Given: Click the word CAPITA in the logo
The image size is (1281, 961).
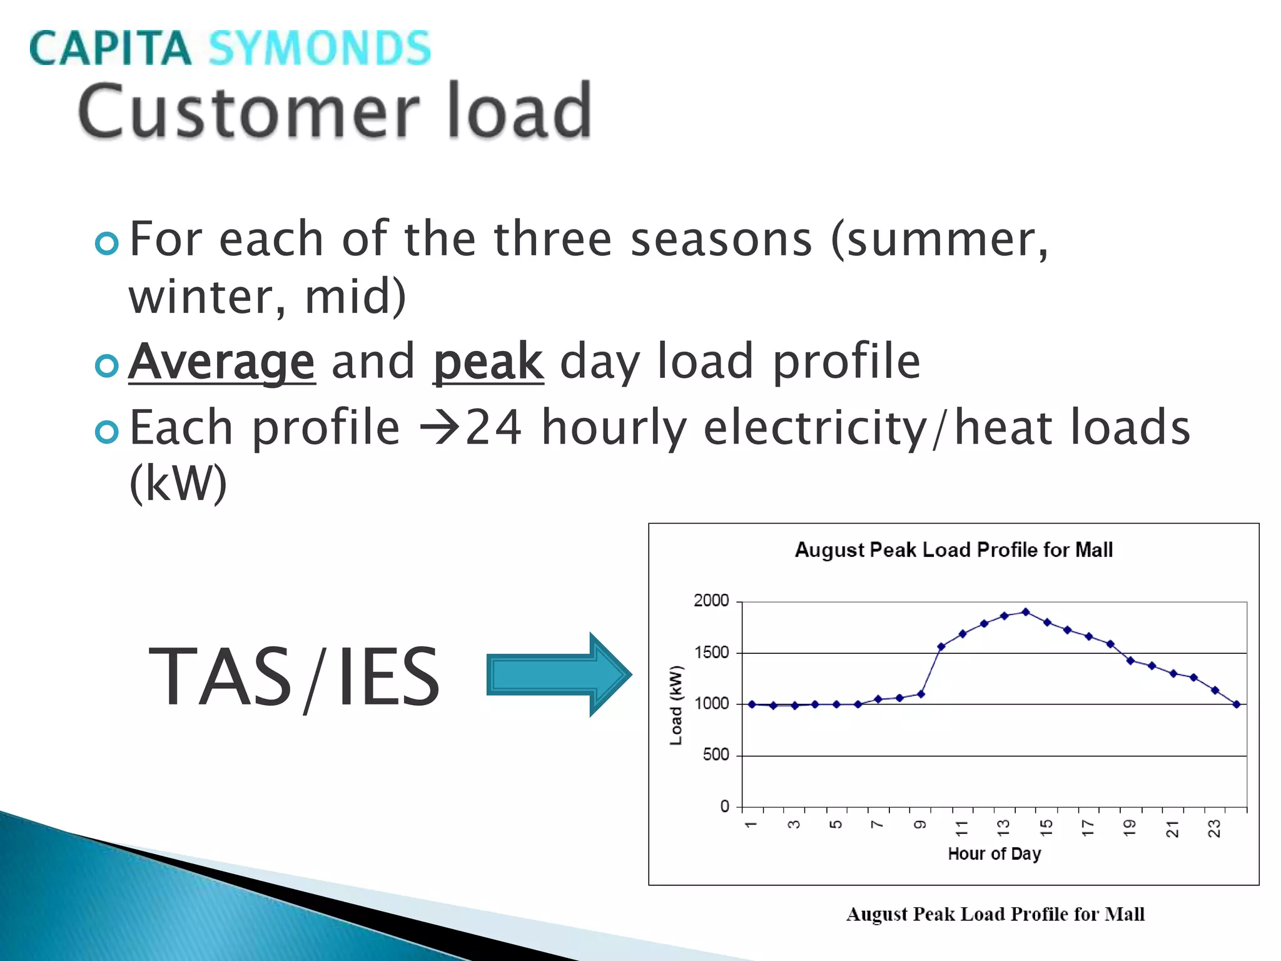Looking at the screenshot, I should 110,48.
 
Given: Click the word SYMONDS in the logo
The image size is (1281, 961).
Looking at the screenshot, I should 319,48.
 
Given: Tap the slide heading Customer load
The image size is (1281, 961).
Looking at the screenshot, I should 335,111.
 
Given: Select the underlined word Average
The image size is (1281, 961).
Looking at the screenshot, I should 222,362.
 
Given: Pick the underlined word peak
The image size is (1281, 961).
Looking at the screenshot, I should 488,362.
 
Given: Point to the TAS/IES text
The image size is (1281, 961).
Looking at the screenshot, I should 294,676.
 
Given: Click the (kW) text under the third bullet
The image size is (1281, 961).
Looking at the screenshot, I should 178,483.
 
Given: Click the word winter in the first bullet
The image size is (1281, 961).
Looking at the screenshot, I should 200,297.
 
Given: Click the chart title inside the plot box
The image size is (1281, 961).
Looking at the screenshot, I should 953,550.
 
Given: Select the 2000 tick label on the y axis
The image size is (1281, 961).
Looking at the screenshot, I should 711,601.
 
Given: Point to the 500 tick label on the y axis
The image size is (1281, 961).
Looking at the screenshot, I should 716,755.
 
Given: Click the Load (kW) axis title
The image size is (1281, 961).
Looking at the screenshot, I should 676,705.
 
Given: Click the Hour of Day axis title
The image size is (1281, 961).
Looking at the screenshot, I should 994,853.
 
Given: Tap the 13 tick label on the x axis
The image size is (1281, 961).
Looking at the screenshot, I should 1003,828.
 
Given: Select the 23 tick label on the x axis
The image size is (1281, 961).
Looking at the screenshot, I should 1214,828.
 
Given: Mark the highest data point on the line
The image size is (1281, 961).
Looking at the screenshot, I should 1025,612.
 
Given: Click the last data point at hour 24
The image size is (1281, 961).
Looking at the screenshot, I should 1237,704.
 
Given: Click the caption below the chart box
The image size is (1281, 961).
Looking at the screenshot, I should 995,914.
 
